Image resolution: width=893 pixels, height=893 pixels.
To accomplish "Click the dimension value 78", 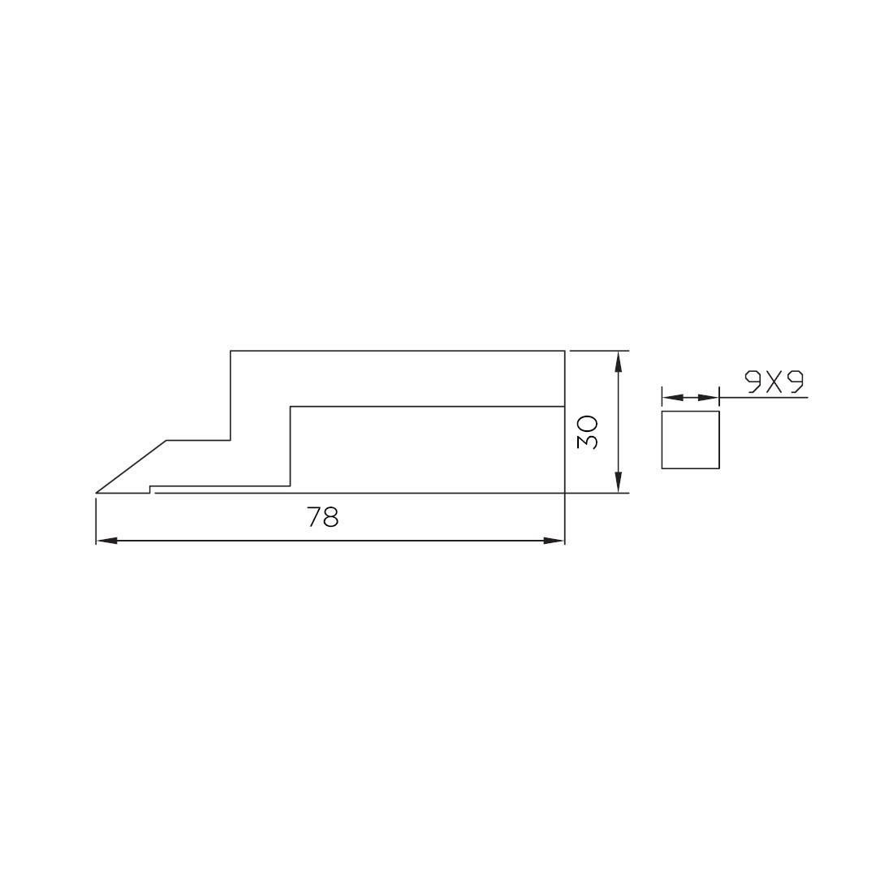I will click(x=323, y=517).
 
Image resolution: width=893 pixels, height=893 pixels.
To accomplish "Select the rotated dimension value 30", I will click(x=587, y=433).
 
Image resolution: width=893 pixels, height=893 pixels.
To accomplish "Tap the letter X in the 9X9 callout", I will click(x=774, y=382).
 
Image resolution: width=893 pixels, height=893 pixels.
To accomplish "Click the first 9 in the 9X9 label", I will click(x=754, y=382).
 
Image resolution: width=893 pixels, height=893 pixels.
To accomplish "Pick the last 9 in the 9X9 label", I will click(x=795, y=382).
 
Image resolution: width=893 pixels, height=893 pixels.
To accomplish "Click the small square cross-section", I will click(x=690, y=439).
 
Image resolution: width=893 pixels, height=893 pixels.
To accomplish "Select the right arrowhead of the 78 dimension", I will click(x=555, y=540).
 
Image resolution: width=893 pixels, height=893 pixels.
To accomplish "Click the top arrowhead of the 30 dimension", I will click(x=619, y=360).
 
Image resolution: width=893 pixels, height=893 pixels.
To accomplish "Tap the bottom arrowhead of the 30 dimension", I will click(x=619, y=484).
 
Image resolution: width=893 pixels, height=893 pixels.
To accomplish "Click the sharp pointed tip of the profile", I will click(x=97, y=492).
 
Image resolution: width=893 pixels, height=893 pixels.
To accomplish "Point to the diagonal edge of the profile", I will click(x=132, y=467).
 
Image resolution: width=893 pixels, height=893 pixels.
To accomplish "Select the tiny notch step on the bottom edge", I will click(x=150, y=490).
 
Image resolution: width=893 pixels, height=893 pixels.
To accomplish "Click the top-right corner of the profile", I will click(x=564, y=351).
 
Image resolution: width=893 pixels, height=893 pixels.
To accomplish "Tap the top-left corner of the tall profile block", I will click(x=231, y=351).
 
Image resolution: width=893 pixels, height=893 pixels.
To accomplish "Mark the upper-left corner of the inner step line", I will click(x=291, y=406).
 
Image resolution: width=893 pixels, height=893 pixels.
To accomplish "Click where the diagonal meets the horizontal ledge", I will click(x=167, y=441).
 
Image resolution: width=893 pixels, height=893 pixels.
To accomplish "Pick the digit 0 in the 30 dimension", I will click(x=587, y=423).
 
